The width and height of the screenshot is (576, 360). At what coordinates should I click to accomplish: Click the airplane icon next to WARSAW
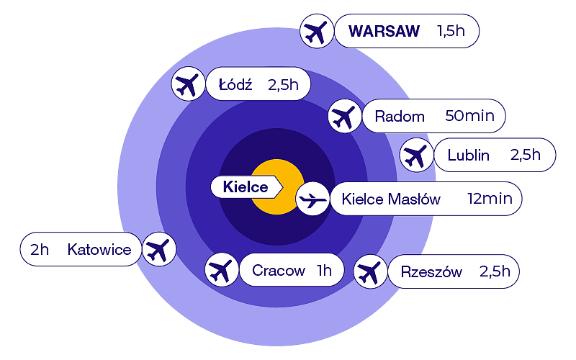[316, 32]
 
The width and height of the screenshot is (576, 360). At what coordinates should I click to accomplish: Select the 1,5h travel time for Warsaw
[451, 32]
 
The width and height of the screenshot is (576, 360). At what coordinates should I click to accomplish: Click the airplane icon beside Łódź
[188, 85]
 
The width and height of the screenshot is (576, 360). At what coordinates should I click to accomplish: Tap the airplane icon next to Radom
[343, 116]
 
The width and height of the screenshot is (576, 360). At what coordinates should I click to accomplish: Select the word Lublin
[468, 155]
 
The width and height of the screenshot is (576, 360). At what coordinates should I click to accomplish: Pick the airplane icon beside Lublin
[415, 155]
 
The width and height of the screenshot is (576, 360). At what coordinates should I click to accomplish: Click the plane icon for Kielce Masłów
[312, 199]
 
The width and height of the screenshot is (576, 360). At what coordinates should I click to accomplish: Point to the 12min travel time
[490, 199]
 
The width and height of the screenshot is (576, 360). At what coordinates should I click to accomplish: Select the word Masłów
[415, 199]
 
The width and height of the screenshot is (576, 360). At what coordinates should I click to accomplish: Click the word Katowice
[99, 250]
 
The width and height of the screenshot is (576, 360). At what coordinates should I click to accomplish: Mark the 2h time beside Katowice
[40, 250]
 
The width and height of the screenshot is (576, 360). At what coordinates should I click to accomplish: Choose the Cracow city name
[279, 271]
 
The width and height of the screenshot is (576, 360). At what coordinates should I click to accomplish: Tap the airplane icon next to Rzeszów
[369, 272]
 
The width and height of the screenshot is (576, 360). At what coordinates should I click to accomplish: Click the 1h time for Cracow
[323, 271]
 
